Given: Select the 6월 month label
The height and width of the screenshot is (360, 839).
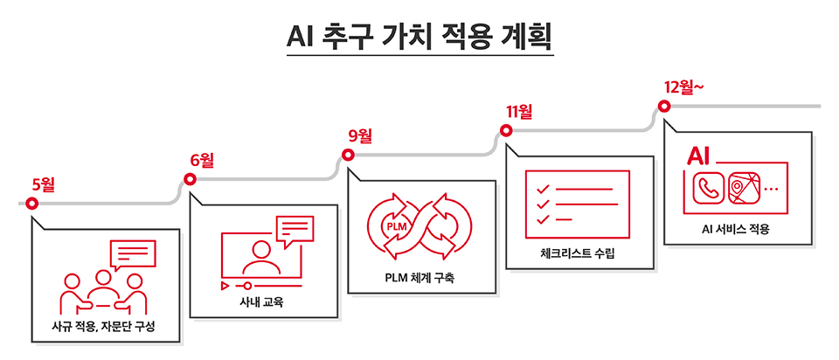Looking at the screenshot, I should (202, 160).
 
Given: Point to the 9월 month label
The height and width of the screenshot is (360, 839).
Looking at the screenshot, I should (360, 135).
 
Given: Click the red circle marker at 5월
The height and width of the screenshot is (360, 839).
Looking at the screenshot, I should (32, 204).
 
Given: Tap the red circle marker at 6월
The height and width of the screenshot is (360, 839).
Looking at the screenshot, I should (190, 180).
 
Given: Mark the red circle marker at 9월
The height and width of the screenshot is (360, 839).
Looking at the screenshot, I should (348, 156).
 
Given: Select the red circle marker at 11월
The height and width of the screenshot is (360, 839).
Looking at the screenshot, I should (505, 131).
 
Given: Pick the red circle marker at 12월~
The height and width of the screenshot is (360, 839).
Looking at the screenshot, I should (663, 107).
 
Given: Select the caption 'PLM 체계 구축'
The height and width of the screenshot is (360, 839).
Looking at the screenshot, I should (420, 279).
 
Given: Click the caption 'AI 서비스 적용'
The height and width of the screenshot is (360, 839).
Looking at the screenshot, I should (736, 230).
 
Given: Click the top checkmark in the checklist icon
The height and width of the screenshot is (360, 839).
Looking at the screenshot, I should (543, 188).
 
